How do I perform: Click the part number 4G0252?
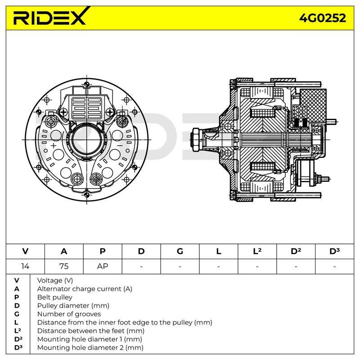323,18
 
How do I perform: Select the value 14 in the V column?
25,266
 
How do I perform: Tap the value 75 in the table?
64,266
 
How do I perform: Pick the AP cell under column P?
103,266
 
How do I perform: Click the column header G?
180,252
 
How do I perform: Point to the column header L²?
257,251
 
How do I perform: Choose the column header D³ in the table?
334,251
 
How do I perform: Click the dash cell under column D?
141,266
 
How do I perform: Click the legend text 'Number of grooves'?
69,314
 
